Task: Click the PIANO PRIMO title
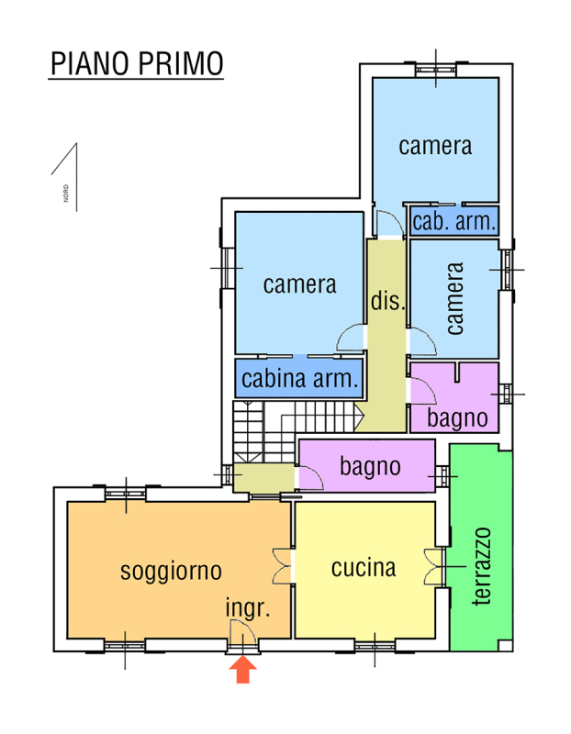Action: pyautogui.click(x=136, y=65)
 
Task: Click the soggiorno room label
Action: pyautogui.click(x=172, y=572)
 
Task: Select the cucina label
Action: pyautogui.click(x=364, y=568)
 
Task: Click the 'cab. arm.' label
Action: pyautogui.click(x=454, y=221)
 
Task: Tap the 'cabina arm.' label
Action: pyautogui.click(x=300, y=379)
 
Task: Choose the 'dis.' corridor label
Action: pyautogui.click(x=387, y=301)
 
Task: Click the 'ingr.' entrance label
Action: pyautogui.click(x=247, y=608)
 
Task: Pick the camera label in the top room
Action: pyautogui.click(x=435, y=146)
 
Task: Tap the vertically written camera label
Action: pyautogui.click(x=455, y=298)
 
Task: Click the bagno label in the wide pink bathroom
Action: pyautogui.click(x=370, y=466)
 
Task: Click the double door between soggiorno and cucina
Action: pyautogui.click(x=282, y=566)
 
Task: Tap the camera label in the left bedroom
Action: pyautogui.click(x=299, y=284)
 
